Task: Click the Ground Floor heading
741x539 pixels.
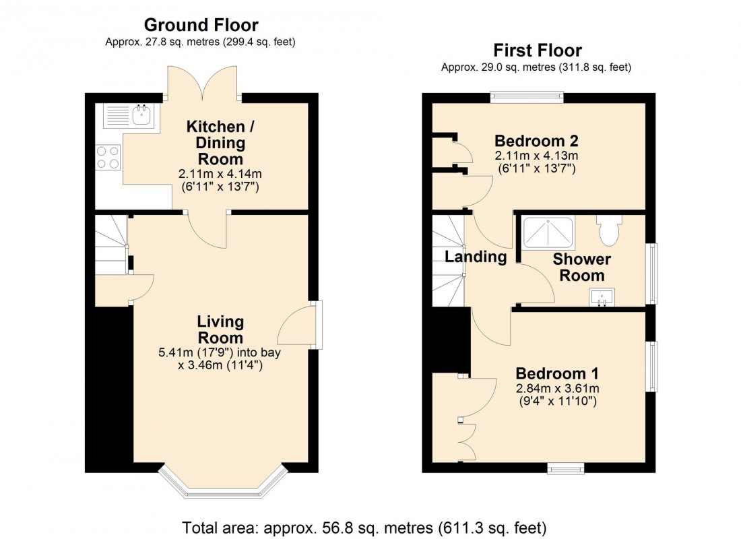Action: (x=201, y=26)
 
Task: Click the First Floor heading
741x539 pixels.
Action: (x=537, y=51)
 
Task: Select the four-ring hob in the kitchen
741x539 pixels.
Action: (x=108, y=157)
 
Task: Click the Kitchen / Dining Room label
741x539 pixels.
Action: (x=215, y=143)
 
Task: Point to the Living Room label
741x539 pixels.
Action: (x=220, y=329)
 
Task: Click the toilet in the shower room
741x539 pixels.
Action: (x=608, y=230)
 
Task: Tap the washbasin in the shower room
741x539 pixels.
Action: (x=603, y=297)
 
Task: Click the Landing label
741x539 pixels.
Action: (x=476, y=257)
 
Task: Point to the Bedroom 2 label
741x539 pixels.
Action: (x=536, y=141)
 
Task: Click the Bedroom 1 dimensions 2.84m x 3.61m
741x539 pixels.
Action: (x=557, y=388)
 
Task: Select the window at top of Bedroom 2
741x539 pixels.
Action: (x=526, y=97)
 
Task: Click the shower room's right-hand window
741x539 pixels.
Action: (x=651, y=274)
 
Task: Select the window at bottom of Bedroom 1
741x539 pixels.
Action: (x=565, y=468)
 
